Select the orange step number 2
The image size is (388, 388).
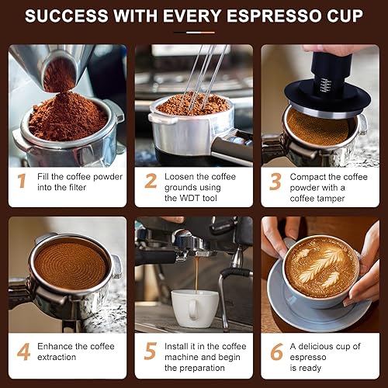[150, 181]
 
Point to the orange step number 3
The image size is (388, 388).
[275, 181]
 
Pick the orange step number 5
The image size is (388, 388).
[150, 352]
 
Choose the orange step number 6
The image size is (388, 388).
[275, 352]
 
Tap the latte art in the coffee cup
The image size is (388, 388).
[320, 268]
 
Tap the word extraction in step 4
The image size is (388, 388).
[61, 357]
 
